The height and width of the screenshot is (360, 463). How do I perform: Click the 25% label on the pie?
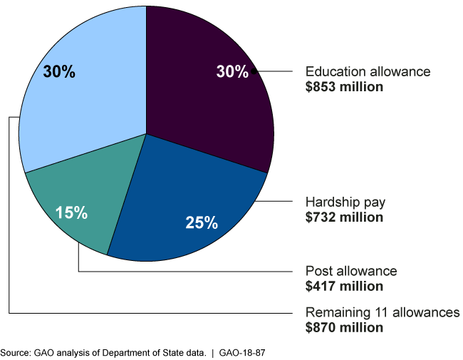click(x=202, y=222)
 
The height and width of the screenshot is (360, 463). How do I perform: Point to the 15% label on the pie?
click(x=71, y=212)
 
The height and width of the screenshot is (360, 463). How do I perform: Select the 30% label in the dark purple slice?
click(x=232, y=71)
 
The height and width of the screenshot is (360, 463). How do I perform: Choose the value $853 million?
click(x=344, y=87)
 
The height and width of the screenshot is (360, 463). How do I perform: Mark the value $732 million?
click(x=344, y=217)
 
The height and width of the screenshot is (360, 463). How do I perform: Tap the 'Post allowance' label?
click(x=351, y=272)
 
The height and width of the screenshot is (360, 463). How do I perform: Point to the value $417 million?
click(x=344, y=286)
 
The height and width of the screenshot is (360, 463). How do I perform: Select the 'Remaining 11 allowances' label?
click(x=383, y=313)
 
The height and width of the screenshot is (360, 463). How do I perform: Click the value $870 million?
click(x=344, y=328)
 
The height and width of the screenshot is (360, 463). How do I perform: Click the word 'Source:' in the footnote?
click(x=14, y=352)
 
